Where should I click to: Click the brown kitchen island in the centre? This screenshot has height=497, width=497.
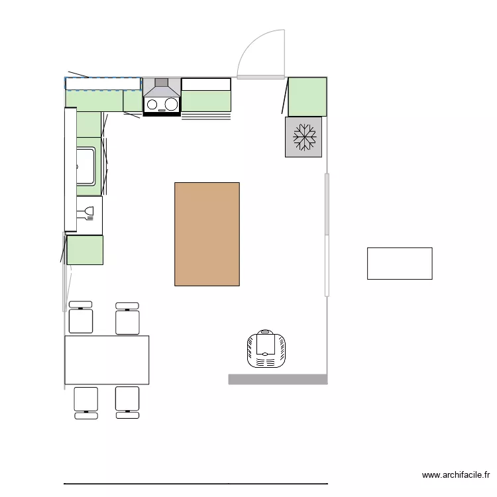click(207, 234)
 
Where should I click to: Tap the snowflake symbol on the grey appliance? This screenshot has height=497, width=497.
click(304, 137)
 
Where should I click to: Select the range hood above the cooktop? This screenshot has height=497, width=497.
click(162, 87)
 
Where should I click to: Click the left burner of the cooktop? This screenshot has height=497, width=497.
click(152, 104)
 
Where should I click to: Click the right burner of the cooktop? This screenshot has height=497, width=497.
click(171, 104)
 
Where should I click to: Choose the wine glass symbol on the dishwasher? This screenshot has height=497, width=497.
click(88, 213)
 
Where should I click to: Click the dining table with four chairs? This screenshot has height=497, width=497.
click(107, 360)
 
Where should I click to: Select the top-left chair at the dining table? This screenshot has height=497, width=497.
click(81, 317)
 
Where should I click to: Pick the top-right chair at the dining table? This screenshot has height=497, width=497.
click(127, 318)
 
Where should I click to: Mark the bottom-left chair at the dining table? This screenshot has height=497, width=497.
click(85, 402)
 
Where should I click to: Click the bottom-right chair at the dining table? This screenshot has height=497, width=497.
click(127, 402)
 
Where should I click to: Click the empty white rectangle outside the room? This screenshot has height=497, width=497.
click(400, 263)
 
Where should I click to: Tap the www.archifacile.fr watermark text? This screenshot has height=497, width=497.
click(456, 475)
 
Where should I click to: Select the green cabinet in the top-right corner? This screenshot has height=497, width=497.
click(307, 97)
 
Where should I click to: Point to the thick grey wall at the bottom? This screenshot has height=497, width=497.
click(278, 379)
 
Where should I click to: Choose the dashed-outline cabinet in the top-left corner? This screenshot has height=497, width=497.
click(103, 83)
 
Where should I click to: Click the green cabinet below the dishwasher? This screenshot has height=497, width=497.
click(85, 250)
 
